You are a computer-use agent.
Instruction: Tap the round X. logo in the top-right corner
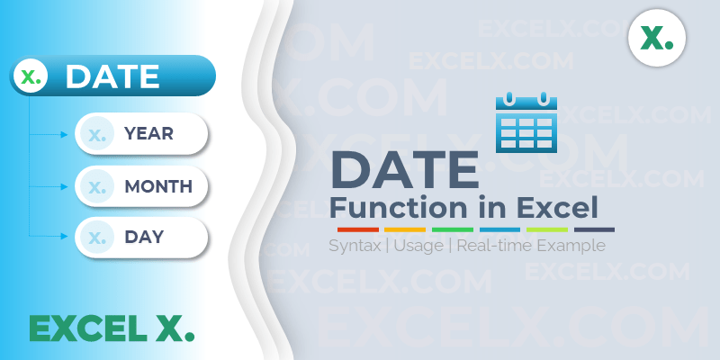(657, 39)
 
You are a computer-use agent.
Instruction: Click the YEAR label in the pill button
(149, 134)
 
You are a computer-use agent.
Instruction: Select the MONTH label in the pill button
(158, 187)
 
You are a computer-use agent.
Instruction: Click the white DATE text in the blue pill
(112, 76)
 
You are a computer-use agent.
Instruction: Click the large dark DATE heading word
(405, 170)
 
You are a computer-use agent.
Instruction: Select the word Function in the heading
(386, 208)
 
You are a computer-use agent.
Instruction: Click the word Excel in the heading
(556, 208)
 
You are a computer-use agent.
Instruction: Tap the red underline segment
(352, 230)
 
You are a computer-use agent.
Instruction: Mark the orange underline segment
(404, 230)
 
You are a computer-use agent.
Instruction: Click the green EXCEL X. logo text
(111, 328)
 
